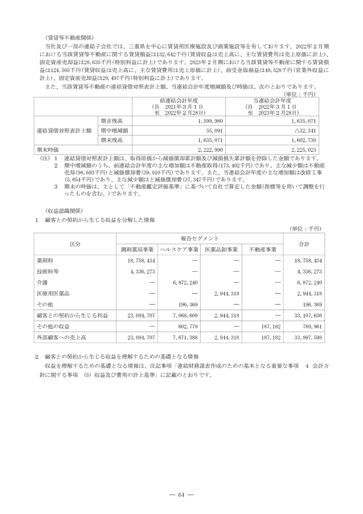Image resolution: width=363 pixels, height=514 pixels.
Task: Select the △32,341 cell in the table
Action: (302, 130)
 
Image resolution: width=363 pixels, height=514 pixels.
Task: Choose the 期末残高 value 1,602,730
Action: (302, 140)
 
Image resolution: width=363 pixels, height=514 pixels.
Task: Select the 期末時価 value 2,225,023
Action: (302, 150)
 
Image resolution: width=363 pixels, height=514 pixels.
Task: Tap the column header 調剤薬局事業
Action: (137, 249)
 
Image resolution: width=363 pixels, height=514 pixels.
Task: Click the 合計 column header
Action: (304, 243)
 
